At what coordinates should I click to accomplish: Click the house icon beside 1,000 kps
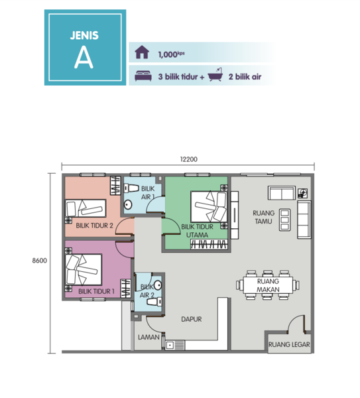coord(142,52)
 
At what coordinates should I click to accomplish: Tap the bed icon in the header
coord(143,76)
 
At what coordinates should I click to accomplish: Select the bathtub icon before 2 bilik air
coord(215,74)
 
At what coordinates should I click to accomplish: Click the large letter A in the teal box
coord(84,58)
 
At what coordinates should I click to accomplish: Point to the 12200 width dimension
coord(189,159)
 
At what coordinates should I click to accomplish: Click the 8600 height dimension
coord(40,261)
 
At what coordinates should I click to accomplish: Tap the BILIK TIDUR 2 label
coord(94,226)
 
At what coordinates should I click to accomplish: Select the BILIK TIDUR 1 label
coord(96,291)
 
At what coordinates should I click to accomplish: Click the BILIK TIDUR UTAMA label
coord(198,231)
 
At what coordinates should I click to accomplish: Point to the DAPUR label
coord(192,319)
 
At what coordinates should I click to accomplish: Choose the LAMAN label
coord(149,337)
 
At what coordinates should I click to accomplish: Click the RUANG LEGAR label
coord(289,344)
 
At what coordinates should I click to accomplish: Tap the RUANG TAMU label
coord(264,217)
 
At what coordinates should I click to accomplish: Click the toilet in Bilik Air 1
coord(131,188)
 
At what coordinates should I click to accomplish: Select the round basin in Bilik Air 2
coord(158,285)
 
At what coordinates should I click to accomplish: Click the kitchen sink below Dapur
coord(174,345)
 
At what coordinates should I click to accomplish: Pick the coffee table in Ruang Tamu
coord(284,220)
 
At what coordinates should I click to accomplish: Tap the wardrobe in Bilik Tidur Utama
coord(209,244)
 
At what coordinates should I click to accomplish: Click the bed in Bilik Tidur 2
coord(86,208)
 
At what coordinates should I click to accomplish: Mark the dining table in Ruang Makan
coord(268,285)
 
